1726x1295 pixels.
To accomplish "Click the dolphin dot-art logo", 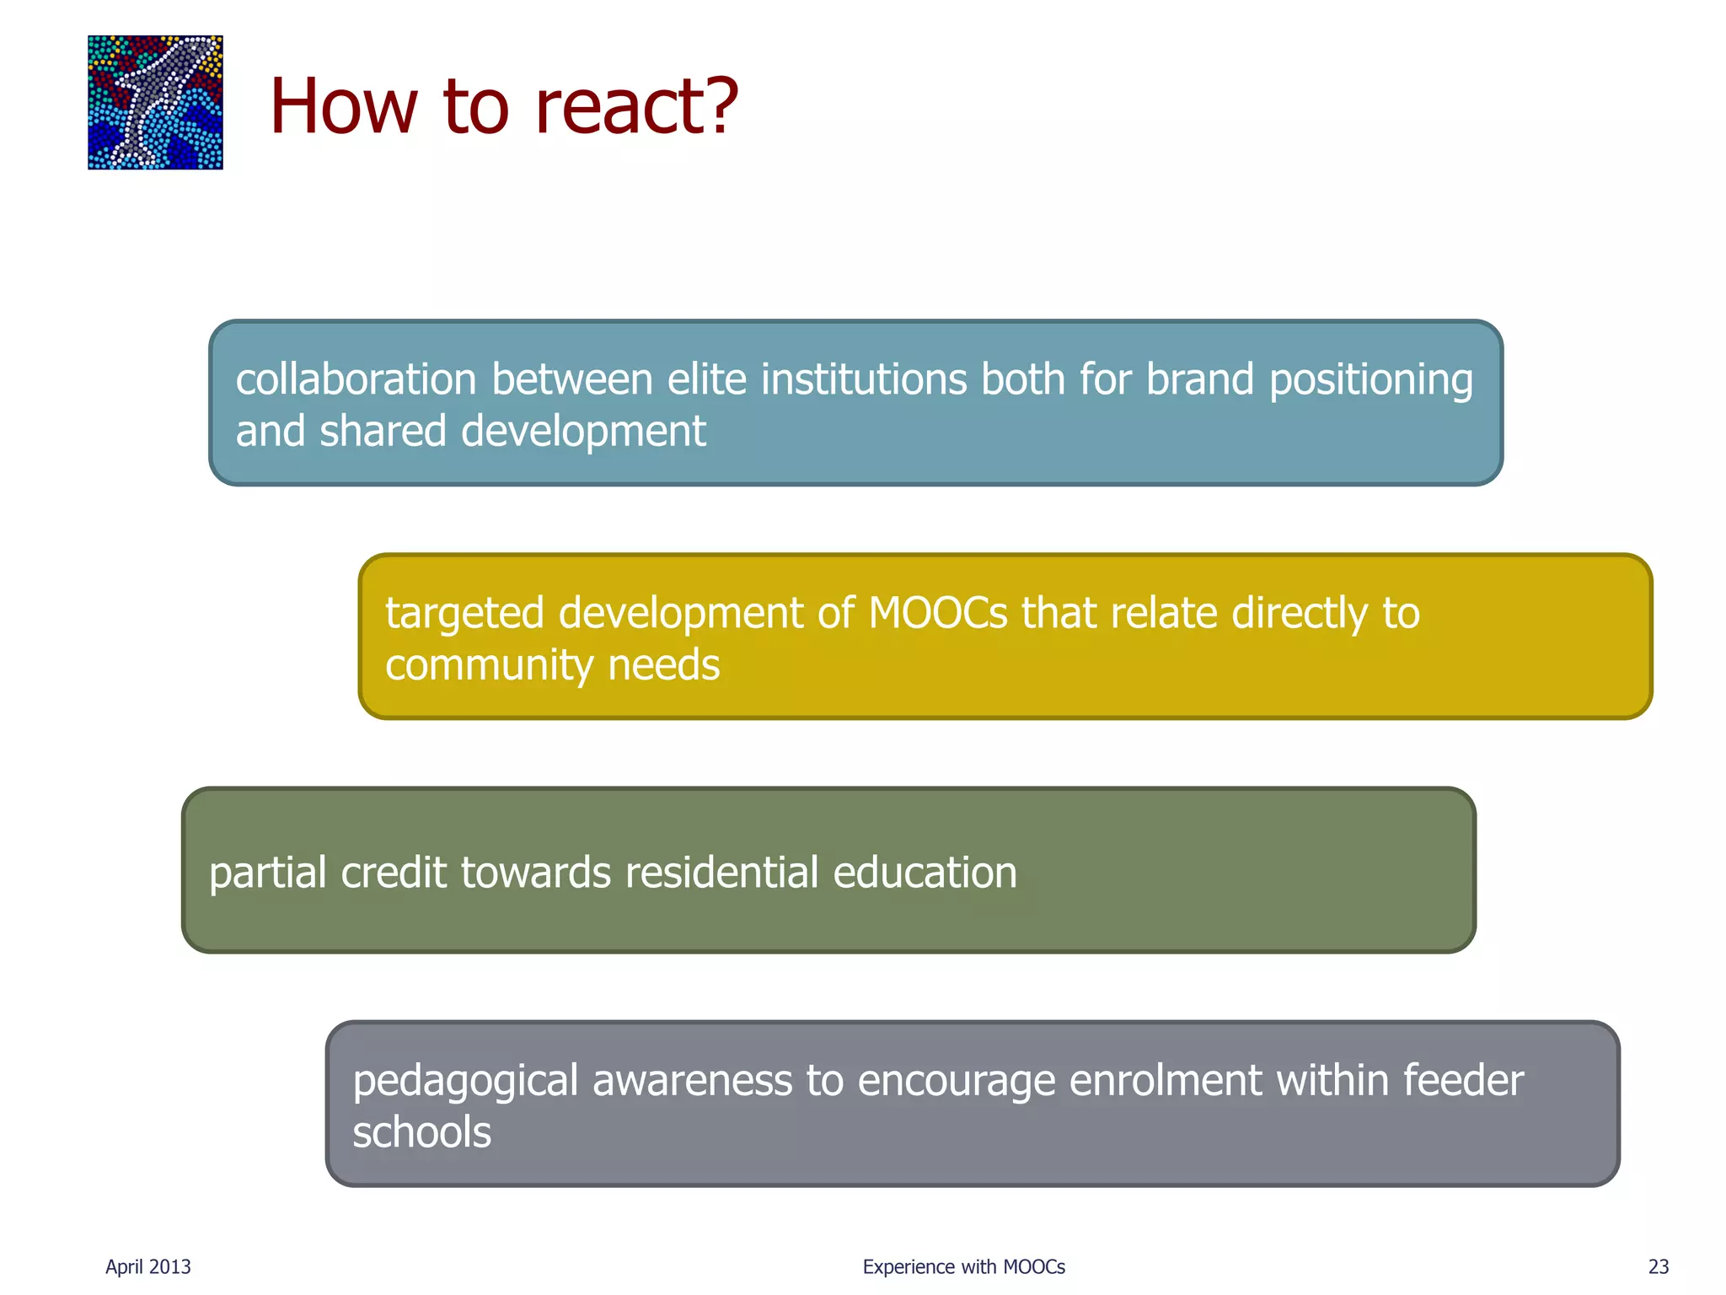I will tap(155, 102).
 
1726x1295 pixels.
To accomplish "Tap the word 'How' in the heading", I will tap(343, 107).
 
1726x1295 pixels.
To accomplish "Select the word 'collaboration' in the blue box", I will tap(356, 379).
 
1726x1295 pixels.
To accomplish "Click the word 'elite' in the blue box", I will tap(706, 379).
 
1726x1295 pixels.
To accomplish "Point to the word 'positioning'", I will tap(1370, 381).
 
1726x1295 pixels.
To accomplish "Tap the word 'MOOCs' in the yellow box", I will tap(937, 613).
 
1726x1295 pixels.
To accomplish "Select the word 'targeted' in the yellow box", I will tap(464, 615).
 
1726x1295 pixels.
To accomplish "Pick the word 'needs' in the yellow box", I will tap(663, 665).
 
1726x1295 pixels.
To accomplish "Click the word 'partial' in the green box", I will tap(267, 873).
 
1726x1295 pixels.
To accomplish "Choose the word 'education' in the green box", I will tap(925, 873).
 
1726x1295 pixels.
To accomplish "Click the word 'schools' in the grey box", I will tap(421, 1132).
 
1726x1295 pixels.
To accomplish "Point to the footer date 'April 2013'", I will tap(148, 1266).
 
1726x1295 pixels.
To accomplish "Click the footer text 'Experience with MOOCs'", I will tap(963, 1266).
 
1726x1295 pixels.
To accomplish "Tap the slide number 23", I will tap(1658, 1266).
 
